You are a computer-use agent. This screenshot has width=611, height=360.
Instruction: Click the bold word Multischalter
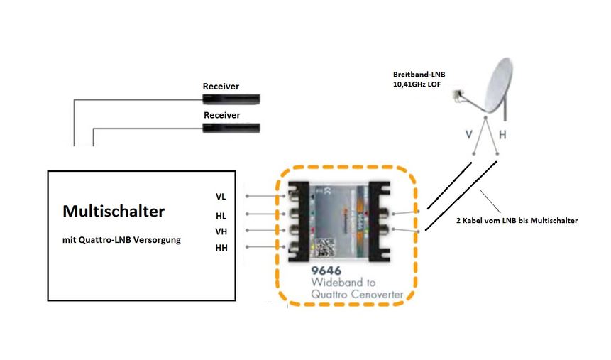(114, 211)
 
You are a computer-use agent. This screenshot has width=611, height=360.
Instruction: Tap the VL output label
(221, 196)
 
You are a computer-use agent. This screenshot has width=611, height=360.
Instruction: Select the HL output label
(221, 215)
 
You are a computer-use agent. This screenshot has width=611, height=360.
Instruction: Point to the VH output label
(221, 231)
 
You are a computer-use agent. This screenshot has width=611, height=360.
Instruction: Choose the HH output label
(221, 247)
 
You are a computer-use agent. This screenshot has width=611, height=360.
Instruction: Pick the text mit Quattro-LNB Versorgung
(121, 240)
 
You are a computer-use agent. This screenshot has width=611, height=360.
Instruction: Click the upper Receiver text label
(221, 87)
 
